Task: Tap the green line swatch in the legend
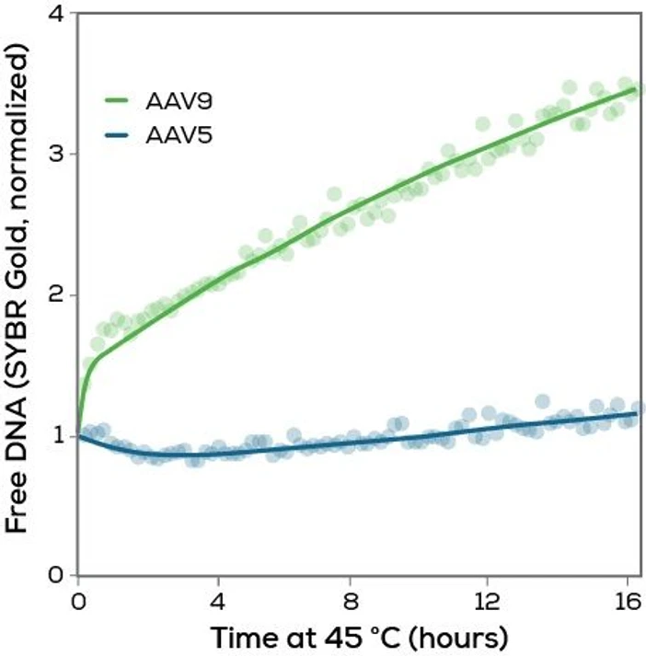pos(121,98)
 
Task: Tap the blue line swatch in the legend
pos(121,137)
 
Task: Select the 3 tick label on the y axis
pos(56,154)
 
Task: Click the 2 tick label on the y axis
pos(56,294)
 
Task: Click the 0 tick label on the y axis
pos(56,576)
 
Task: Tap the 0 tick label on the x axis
pos(78,602)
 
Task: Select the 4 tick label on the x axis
pos(217,602)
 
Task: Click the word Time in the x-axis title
pos(242,637)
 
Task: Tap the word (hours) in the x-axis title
pos(456,637)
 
